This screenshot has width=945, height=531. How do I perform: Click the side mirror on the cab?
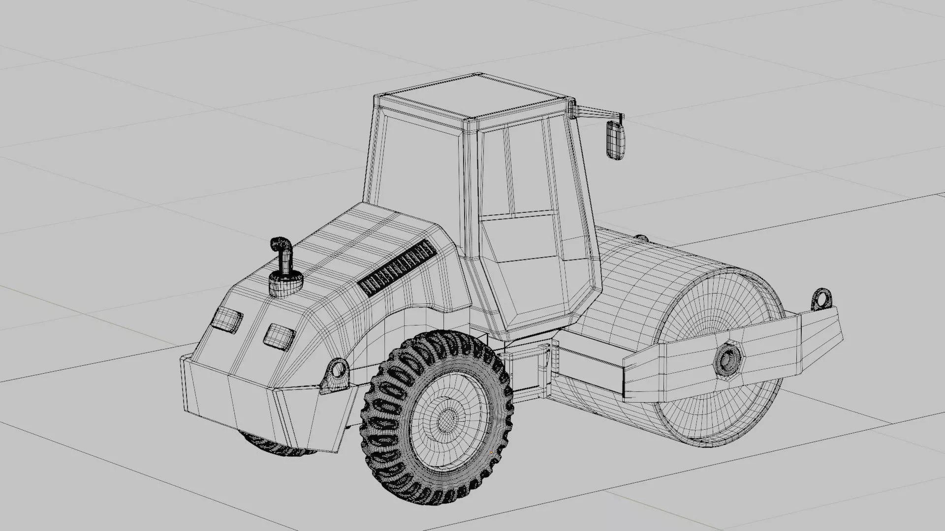pos(615,140)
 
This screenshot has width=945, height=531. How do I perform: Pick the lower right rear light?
pos(279,337)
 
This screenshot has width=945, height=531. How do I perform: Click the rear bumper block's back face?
pos(231,403)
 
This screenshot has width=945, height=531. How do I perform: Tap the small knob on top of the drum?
pos(641,238)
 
